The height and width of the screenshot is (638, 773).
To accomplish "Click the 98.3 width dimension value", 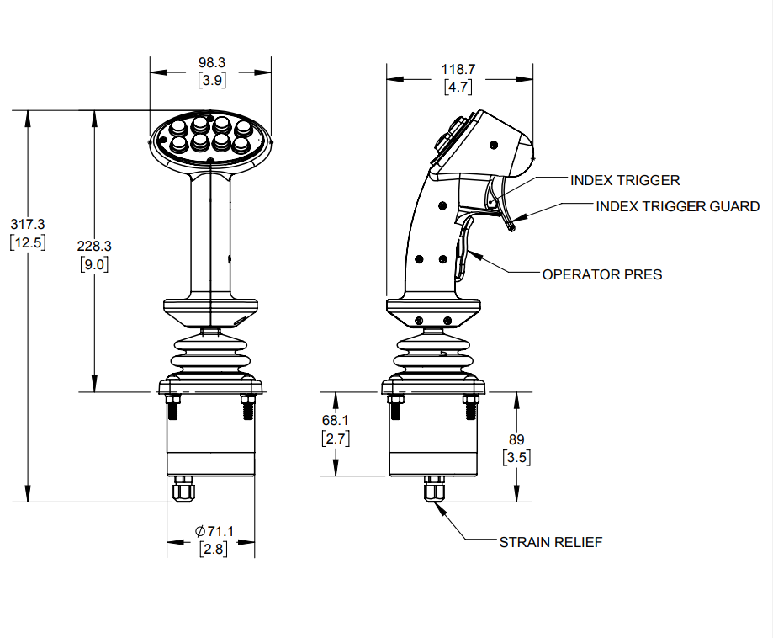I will pyautogui.click(x=212, y=63).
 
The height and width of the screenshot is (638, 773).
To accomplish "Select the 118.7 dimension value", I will pyautogui.click(x=458, y=69).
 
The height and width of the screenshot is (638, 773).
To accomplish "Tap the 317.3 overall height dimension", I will pyautogui.click(x=28, y=224).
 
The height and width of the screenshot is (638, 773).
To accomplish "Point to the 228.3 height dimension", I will pyautogui.click(x=94, y=246).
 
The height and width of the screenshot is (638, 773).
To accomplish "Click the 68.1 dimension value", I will pyautogui.click(x=335, y=420).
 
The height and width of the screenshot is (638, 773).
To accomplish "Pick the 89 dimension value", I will pyautogui.click(x=516, y=439).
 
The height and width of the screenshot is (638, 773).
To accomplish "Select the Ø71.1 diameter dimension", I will pyautogui.click(x=214, y=531).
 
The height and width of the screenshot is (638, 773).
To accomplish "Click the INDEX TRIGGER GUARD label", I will pyautogui.click(x=677, y=206).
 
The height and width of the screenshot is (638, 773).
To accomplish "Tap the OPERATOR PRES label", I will pyautogui.click(x=601, y=274).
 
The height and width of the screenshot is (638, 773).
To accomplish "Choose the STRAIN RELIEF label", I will pyautogui.click(x=550, y=542).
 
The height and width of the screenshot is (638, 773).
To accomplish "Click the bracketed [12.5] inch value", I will pyautogui.click(x=28, y=242).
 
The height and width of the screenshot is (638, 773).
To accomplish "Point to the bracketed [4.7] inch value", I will pyautogui.click(x=458, y=87).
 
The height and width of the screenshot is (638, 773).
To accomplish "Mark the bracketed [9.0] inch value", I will pyautogui.click(x=94, y=264).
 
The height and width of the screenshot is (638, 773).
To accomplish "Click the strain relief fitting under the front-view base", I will pyautogui.click(x=182, y=490).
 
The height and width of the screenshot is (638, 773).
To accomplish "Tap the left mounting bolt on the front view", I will pyautogui.click(x=173, y=408).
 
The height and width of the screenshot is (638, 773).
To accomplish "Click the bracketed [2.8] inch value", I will pyautogui.click(x=214, y=550).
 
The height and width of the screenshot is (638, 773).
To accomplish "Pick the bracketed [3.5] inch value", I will pyautogui.click(x=516, y=458).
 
